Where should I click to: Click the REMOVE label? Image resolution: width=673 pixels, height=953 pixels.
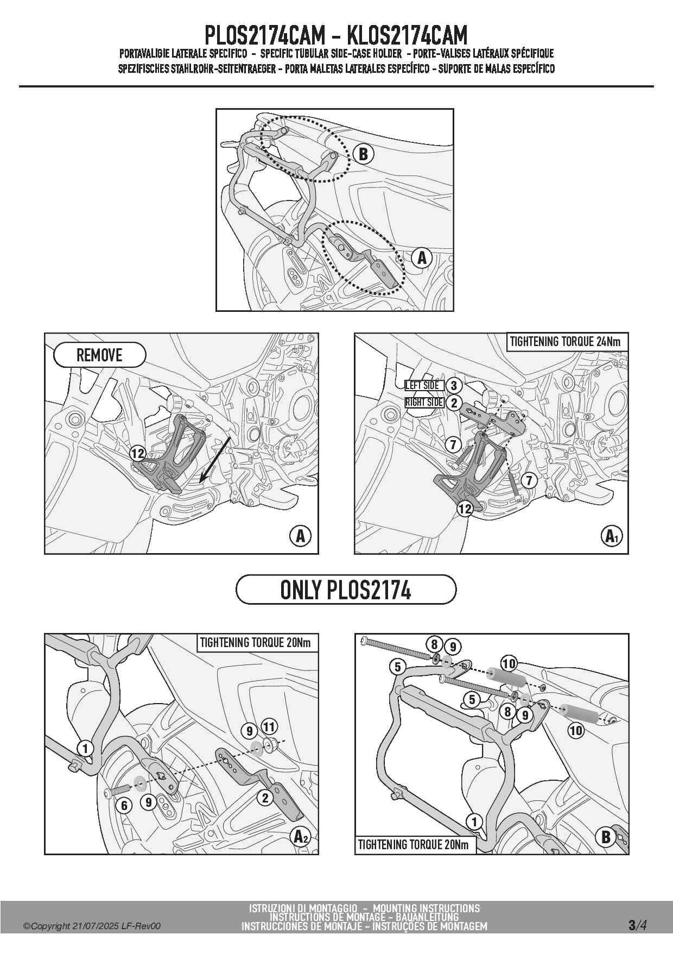(100, 355)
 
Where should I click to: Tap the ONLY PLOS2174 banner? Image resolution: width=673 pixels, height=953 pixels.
(346, 590)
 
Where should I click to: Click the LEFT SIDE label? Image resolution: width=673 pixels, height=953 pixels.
(422, 385)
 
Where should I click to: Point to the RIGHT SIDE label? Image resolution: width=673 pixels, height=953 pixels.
(424, 403)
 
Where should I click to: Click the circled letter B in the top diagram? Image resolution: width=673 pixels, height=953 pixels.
(363, 154)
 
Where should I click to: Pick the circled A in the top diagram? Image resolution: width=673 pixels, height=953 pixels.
(422, 258)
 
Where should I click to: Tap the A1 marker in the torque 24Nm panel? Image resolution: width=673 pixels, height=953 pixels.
(612, 536)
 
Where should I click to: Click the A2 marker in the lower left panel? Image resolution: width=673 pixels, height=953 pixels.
(301, 836)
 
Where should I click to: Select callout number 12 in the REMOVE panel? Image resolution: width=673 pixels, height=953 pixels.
(138, 453)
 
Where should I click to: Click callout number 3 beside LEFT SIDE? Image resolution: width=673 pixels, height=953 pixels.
(454, 385)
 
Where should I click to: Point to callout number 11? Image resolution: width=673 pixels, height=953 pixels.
(269, 726)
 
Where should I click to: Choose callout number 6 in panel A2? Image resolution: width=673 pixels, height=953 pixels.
(124, 805)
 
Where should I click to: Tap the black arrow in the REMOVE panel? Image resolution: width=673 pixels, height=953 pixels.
(216, 459)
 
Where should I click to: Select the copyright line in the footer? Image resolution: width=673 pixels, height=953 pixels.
(92, 926)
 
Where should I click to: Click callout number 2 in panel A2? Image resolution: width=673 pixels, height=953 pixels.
(265, 798)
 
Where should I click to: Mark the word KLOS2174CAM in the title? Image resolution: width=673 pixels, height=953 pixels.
(407, 35)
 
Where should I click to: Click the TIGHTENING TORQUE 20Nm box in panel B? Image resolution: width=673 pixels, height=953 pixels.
(414, 844)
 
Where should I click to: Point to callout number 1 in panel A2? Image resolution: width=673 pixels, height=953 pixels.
(85, 748)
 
